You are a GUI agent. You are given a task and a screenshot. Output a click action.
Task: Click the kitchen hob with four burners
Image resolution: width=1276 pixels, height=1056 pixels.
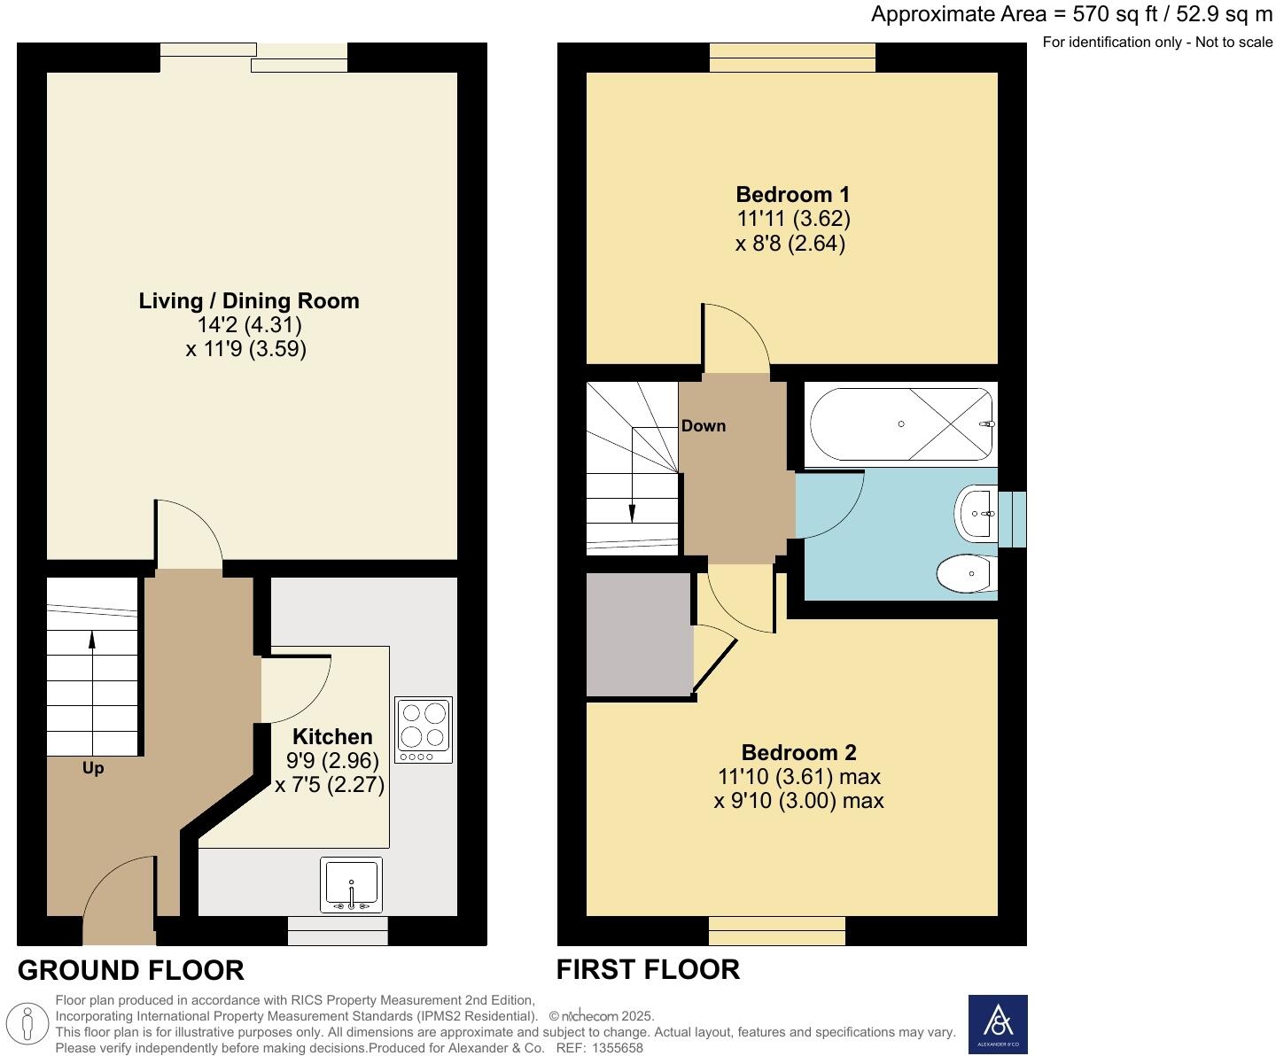click(424, 729)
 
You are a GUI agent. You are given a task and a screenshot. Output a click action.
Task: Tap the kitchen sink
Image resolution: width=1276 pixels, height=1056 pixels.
click(352, 884)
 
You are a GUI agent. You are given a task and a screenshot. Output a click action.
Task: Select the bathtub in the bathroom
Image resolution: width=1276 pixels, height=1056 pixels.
click(900, 424)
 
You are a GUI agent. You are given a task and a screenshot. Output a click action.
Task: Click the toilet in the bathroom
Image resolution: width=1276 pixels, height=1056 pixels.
click(967, 573)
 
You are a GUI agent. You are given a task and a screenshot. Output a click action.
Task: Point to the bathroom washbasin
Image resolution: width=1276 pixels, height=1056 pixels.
click(976, 513)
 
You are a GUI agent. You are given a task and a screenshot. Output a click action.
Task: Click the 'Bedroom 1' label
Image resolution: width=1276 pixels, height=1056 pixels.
click(792, 195)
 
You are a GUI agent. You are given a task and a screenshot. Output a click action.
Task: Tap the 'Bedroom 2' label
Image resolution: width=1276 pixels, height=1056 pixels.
click(798, 753)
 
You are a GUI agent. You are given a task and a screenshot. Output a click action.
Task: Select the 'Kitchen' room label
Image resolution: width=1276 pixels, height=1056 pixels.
click(332, 736)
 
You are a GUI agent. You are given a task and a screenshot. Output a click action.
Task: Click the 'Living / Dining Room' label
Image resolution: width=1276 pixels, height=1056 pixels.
click(249, 301)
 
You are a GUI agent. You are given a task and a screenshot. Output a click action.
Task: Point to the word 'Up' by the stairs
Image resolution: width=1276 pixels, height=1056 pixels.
click(93, 768)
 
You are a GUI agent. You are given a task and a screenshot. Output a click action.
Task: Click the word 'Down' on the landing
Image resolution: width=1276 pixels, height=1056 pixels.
click(704, 426)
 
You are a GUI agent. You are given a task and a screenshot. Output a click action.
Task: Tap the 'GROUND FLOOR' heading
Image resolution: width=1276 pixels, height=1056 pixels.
click(131, 971)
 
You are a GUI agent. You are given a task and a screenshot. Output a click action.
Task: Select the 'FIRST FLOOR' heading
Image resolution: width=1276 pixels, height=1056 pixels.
click(648, 970)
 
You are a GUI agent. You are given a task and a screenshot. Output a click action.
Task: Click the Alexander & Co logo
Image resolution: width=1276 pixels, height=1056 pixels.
click(998, 1024)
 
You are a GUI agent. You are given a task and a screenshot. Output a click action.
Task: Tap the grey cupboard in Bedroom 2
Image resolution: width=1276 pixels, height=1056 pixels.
click(639, 634)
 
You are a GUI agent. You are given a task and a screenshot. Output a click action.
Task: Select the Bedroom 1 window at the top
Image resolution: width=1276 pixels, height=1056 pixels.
click(792, 58)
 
